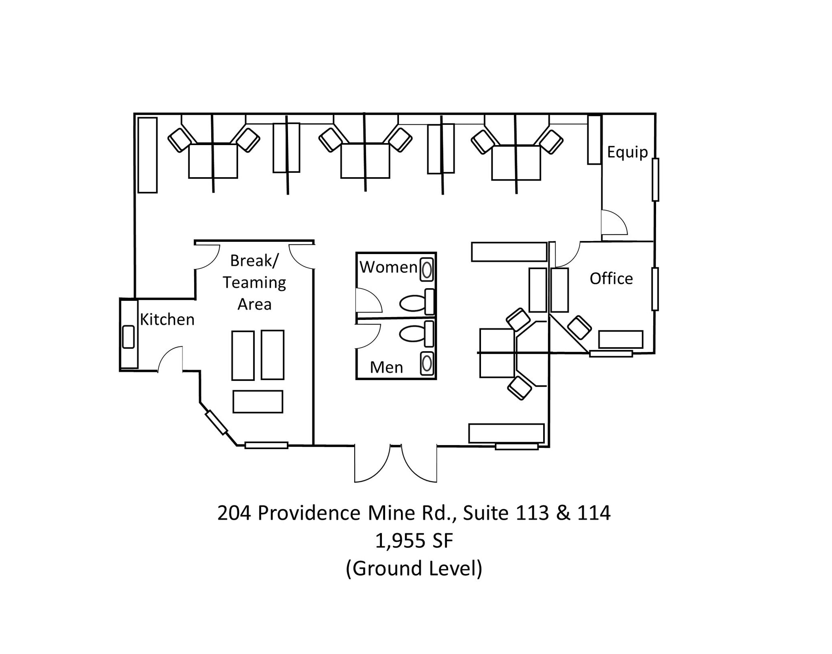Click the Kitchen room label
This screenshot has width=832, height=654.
(x=167, y=320)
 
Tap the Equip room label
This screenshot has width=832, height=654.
(x=627, y=152)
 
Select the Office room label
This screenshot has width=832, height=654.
(x=611, y=279)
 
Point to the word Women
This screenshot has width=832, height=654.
(x=388, y=267)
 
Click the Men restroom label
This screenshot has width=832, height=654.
(x=386, y=367)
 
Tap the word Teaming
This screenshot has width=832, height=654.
(x=254, y=282)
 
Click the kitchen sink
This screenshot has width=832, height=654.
(x=128, y=337)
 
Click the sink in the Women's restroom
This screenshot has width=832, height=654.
(x=427, y=270)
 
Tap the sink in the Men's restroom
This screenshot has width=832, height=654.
(x=427, y=363)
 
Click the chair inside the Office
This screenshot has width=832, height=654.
(x=579, y=328)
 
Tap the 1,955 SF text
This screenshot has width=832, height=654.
(x=414, y=541)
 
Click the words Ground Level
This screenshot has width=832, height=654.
(x=414, y=568)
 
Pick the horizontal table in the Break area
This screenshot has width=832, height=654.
(x=258, y=402)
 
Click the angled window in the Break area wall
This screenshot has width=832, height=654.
(x=216, y=423)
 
